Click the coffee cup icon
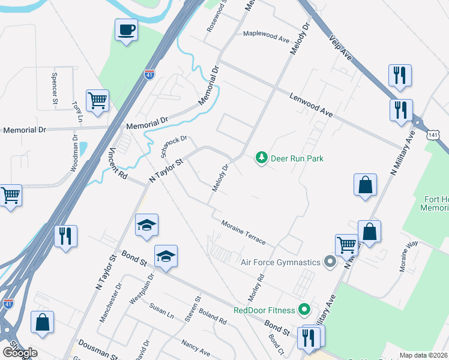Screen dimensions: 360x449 126,30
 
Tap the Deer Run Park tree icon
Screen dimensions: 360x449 261,158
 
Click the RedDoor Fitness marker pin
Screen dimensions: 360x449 304,310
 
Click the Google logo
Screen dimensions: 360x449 20,352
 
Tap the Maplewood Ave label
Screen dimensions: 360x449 266,35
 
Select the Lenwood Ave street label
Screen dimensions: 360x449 311,104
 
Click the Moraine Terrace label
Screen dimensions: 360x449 243,232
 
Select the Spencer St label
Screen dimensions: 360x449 55,88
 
